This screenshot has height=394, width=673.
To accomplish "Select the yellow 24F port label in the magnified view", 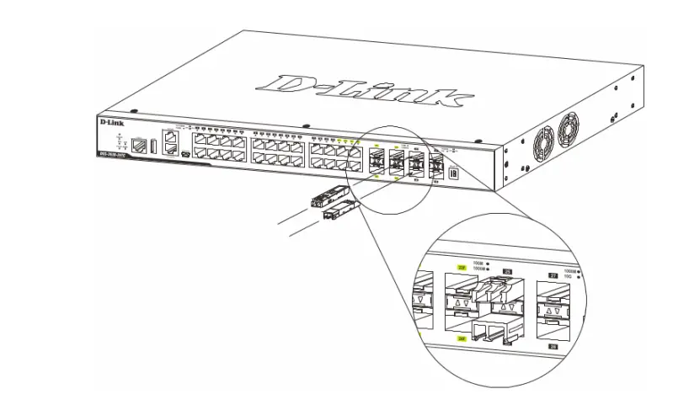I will (x=461, y=337).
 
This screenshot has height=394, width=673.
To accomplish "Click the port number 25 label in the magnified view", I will (x=506, y=271).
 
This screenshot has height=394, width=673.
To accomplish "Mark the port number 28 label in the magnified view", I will (x=554, y=346).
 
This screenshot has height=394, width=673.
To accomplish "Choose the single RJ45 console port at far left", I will (x=141, y=144).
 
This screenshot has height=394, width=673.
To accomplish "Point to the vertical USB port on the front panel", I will (x=154, y=146).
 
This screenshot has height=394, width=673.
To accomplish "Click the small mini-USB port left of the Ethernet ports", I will (x=184, y=155).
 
